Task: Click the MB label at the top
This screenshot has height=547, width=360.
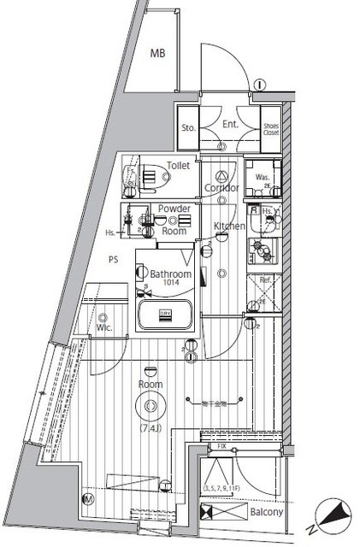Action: (158, 54)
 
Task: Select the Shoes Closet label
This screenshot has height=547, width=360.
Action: (271, 128)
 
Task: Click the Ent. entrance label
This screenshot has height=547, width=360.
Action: (229, 126)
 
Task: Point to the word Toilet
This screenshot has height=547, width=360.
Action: (178, 166)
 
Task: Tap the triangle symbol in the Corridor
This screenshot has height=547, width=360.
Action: (220, 174)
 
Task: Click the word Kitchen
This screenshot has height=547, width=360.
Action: (229, 226)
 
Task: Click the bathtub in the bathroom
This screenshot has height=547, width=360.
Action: (167, 315)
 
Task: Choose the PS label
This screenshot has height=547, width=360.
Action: (112, 259)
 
